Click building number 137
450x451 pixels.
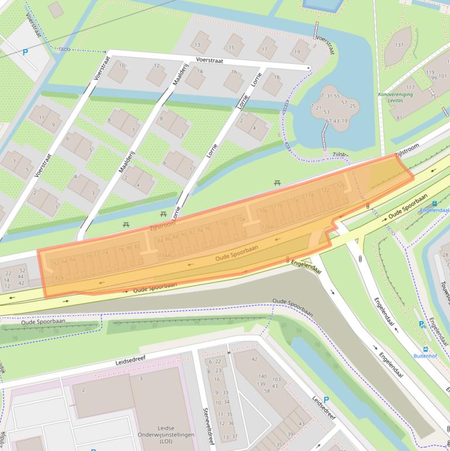tap(399, 45)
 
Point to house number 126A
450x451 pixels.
tap(267, 227)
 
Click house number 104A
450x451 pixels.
tap(164, 255)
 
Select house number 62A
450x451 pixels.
tap(59, 278)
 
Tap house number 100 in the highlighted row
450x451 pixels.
tap(224, 223)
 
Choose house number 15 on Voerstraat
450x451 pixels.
tap(232, 47)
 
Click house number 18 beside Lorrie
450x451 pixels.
tap(277, 77)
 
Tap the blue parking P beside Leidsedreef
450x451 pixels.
tap(326, 400)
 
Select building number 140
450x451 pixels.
tap(262, 377)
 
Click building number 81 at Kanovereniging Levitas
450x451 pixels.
tap(399, 117)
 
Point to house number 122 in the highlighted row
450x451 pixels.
tap(325, 190)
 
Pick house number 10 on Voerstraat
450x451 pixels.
tap(122, 65)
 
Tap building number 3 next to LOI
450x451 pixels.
tap(140, 379)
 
